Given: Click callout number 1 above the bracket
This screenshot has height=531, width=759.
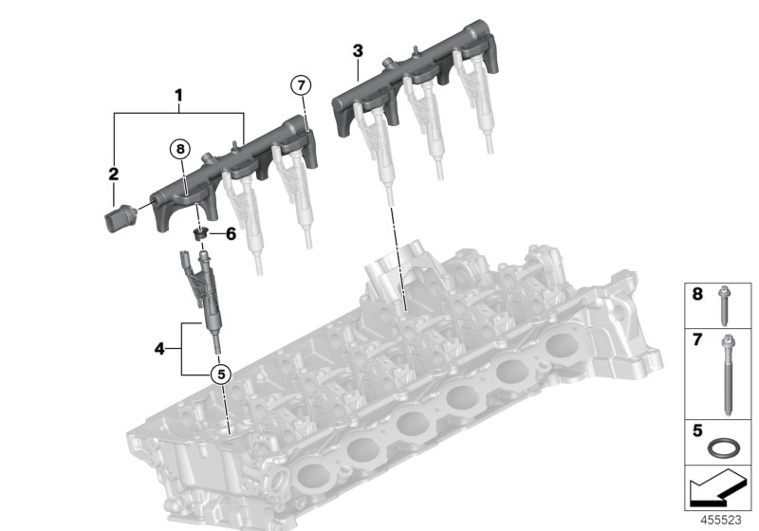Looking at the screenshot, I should (x=178, y=95).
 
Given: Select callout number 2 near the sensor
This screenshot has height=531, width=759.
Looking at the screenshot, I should (x=113, y=174).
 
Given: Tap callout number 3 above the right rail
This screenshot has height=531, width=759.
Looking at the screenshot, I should (x=357, y=49).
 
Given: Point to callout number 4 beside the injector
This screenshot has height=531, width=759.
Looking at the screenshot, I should (x=159, y=349).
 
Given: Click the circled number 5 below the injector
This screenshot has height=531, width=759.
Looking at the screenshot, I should (x=220, y=374).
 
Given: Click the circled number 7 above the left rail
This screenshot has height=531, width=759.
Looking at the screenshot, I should (x=300, y=86).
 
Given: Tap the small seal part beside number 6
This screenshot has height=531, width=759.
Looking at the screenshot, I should (x=201, y=232).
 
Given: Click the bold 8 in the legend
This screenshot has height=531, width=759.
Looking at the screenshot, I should (x=696, y=295).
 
